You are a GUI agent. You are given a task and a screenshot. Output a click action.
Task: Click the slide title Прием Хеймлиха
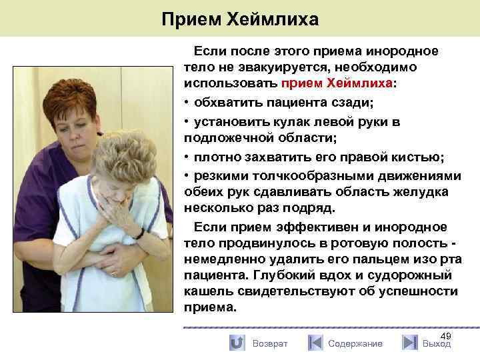coord(240,19)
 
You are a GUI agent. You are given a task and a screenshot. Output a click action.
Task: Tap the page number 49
coord(446,335)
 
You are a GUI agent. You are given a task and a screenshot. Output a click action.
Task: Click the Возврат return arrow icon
coord(237,343)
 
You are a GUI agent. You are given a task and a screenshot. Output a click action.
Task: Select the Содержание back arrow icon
coord(315,343)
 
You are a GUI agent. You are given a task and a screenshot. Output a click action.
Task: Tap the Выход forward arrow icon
coord(410,343)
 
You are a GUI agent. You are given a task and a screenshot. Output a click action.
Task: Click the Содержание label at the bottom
coord(355,343)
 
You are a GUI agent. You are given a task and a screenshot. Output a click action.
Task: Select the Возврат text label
coord(270,343)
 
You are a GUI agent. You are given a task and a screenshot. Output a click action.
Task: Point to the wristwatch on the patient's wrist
coord(139,233)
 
